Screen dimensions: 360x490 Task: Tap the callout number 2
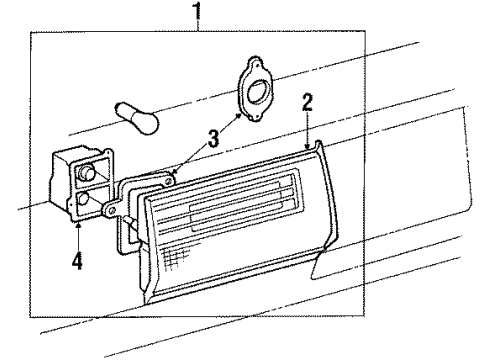(308, 101)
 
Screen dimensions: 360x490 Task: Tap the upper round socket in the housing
(89, 173)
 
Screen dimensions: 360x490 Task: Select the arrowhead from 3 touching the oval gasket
(239, 116)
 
